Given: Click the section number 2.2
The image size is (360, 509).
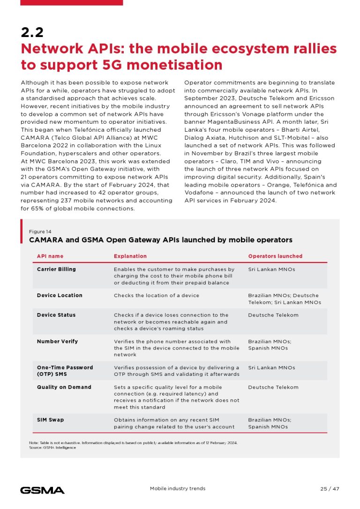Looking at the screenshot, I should tap(32, 32).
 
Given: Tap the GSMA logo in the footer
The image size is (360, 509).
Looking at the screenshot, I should tap(42, 490).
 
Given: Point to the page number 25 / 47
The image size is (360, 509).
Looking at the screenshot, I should tap(330, 489).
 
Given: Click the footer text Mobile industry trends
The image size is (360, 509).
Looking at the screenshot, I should tap(177, 489).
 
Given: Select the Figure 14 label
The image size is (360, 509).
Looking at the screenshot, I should tap(40, 232).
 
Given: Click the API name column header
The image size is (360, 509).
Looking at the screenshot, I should tap(50, 256).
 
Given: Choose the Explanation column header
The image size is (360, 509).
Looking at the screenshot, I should tap(130, 256).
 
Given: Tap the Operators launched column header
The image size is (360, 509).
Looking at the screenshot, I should tap(275, 256).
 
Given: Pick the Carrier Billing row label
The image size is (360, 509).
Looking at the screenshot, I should tap(56, 269).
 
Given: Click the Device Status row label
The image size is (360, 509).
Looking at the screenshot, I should tap(56, 315).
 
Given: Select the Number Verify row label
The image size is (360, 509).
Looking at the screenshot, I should tap(57, 341).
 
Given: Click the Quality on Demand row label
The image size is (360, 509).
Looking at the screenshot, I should tap(64, 387).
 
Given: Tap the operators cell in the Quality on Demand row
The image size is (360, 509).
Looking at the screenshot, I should tap(273, 387).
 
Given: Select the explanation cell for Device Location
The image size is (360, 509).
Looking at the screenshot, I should tap(157, 295).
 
